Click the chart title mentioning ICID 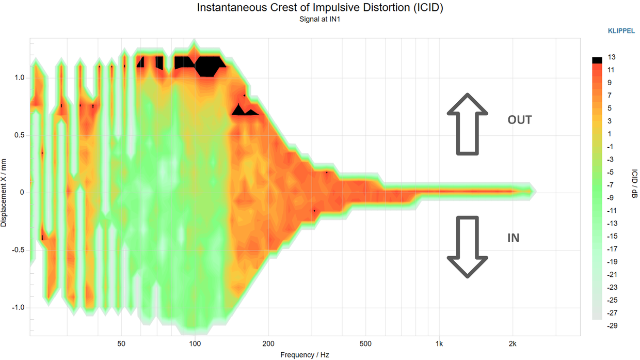click(x=320, y=8)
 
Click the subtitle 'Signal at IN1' click(x=320, y=20)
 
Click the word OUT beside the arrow click(x=519, y=120)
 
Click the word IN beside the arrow click(x=513, y=238)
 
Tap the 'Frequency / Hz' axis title click(x=305, y=355)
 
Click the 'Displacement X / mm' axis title click(x=5, y=193)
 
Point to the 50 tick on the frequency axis click(x=121, y=344)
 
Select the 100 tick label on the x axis click(x=195, y=344)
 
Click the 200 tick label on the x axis click(x=268, y=344)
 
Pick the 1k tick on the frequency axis click(x=439, y=344)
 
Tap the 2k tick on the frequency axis click(x=513, y=344)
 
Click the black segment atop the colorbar click(x=597, y=60)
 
